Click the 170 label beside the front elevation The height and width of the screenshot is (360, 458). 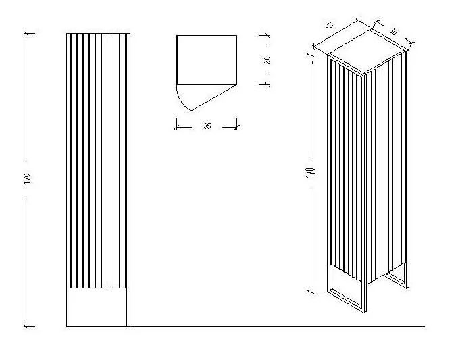(26, 179)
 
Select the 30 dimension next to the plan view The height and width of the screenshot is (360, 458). (267, 60)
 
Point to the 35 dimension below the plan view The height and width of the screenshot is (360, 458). (207, 126)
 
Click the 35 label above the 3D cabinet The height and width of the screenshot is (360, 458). (329, 25)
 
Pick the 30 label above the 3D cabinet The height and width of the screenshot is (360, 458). (393, 31)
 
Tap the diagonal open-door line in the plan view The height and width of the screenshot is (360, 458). (214, 98)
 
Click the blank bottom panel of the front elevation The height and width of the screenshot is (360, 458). (98, 307)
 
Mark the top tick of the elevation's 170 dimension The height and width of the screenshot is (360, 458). (26, 33)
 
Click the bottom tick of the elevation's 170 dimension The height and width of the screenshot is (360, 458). (26, 326)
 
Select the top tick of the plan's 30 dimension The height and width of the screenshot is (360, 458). (268, 35)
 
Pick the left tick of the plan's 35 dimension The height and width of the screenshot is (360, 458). (177, 127)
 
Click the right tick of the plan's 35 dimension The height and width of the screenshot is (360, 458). (236, 127)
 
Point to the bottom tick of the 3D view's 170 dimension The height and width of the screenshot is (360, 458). (311, 291)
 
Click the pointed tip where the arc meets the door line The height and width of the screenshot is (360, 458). (192, 110)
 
